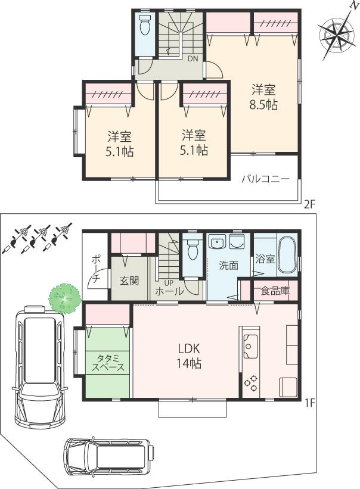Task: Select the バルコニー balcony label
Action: click(265, 178)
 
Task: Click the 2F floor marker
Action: click(308, 204)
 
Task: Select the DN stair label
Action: click(193, 59)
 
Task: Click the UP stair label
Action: click(168, 282)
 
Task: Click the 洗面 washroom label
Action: click(228, 266)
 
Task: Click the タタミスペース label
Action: click(107, 362)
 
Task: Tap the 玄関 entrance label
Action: click(129, 280)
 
